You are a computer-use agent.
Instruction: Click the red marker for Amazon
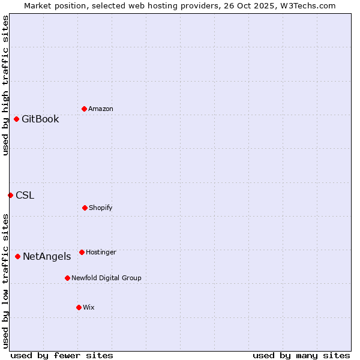pyautogui.click(x=84, y=109)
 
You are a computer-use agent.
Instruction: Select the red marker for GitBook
pyautogui.click(x=16, y=119)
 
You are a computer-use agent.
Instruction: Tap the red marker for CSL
pyautogui.click(x=10, y=195)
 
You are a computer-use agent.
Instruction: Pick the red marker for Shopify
pyautogui.click(x=85, y=208)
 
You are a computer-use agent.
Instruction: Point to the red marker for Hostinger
pyautogui.click(x=82, y=252)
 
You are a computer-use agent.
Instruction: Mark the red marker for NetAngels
pyautogui.click(x=17, y=256)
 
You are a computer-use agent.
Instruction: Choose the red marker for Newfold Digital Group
pyautogui.click(x=67, y=278)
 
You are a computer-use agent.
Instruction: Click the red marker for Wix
pyautogui.click(x=79, y=307)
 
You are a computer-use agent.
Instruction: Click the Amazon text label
pyautogui.click(x=101, y=109)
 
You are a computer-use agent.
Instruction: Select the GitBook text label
pyautogui.click(x=40, y=119)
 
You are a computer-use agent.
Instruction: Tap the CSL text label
pyautogui.click(x=25, y=195)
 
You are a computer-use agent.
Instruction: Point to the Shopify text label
pyautogui.click(x=101, y=208)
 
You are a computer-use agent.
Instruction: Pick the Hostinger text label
pyautogui.click(x=101, y=252)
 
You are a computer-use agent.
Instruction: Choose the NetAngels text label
pyautogui.click(x=47, y=256)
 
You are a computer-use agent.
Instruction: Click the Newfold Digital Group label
pyautogui.click(x=106, y=278)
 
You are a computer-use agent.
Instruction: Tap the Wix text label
pyautogui.click(x=89, y=307)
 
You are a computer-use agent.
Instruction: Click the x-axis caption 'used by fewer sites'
pyautogui.click(x=62, y=355)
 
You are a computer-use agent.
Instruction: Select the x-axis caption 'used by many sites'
pyautogui.click(x=301, y=355)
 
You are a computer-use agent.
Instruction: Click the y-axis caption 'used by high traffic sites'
pyautogui.click(x=5, y=85)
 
